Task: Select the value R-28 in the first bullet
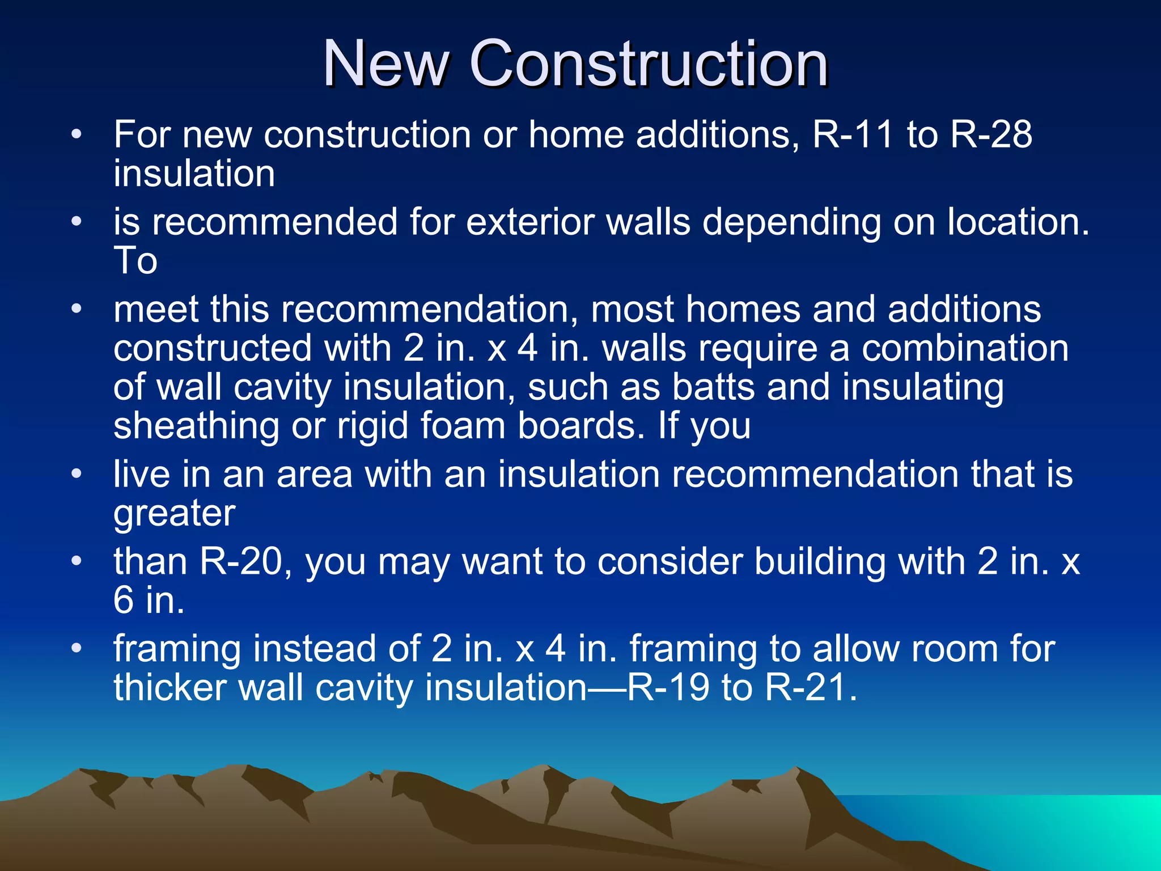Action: pos(991,135)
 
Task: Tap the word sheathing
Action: pos(196,426)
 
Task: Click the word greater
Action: pos(175,514)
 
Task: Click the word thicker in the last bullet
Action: pos(170,687)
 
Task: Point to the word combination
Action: pos(965,348)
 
